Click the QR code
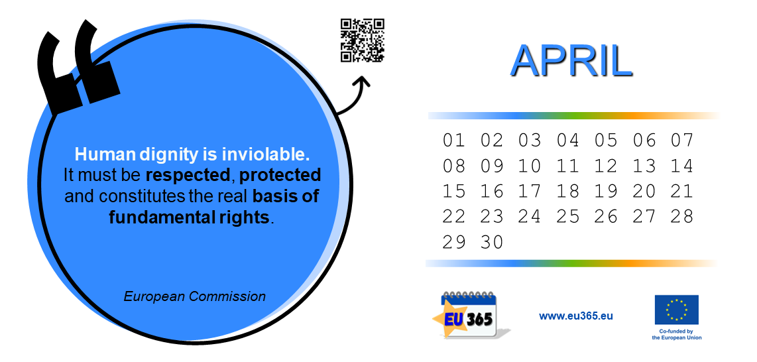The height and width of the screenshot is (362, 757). (x=362, y=40)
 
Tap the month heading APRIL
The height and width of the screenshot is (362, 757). (x=571, y=61)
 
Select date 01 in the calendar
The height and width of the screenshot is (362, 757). (x=454, y=141)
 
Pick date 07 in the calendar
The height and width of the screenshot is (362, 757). (x=681, y=141)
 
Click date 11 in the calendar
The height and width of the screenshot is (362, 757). (x=567, y=166)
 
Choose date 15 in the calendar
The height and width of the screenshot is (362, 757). (x=454, y=192)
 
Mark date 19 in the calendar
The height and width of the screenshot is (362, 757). (x=606, y=192)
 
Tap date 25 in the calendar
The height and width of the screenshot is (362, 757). (x=567, y=217)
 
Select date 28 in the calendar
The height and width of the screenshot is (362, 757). (x=681, y=217)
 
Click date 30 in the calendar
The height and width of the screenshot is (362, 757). (x=492, y=242)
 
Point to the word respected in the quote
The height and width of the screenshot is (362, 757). (x=188, y=176)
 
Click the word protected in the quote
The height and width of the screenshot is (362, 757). (x=280, y=176)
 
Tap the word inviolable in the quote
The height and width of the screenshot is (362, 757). (x=266, y=154)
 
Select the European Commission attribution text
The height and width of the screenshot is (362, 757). (x=195, y=296)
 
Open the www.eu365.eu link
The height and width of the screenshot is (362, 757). (x=576, y=316)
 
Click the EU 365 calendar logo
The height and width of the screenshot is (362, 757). (x=471, y=315)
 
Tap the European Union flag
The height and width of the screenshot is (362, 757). (x=676, y=310)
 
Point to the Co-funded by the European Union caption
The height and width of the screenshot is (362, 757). (x=676, y=335)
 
